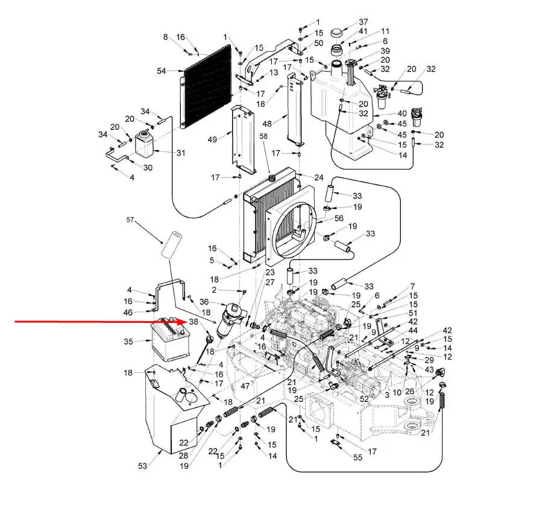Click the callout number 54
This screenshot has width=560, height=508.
[162, 71]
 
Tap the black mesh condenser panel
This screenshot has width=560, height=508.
[206, 86]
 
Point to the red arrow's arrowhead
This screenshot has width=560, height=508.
[182, 322]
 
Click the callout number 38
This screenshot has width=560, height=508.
[193, 322]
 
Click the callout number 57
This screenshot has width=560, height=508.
[130, 219]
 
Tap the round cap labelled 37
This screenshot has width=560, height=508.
[337, 33]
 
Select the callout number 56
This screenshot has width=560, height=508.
[339, 218]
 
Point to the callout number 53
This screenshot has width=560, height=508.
[142, 466]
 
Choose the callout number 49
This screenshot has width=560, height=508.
[212, 140]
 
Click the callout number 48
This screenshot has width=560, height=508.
[267, 124]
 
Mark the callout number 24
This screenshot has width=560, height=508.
[319, 177]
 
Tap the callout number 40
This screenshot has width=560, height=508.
[402, 113]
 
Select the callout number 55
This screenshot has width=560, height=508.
[358, 457]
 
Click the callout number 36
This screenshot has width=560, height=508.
[204, 302]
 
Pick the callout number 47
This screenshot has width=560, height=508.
[245, 386]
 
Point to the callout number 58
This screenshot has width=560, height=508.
[263, 136]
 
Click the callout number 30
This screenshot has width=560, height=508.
[148, 168]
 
